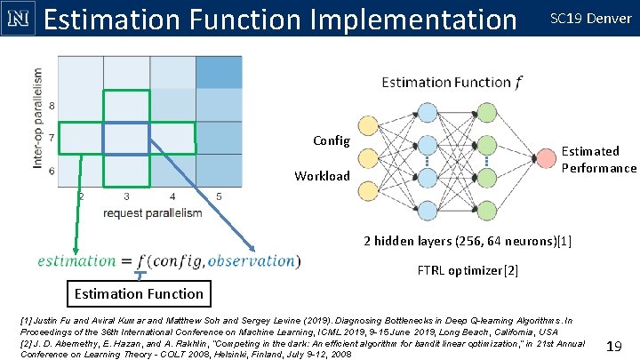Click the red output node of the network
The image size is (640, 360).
click(x=544, y=159)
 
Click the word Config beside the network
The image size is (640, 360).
click(x=332, y=140)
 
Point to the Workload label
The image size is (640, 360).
click(x=323, y=176)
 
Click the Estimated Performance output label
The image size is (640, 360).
click(x=598, y=160)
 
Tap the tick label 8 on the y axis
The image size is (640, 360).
click(x=51, y=106)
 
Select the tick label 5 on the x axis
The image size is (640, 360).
click(x=219, y=196)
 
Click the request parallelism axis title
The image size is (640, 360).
click(x=152, y=213)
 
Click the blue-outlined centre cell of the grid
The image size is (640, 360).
click(x=126, y=138)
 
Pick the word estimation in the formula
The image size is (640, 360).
click(x=76, y=260)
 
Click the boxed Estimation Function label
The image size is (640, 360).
click(x=139, y=293)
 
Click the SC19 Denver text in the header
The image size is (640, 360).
click(x=591, y=19)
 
